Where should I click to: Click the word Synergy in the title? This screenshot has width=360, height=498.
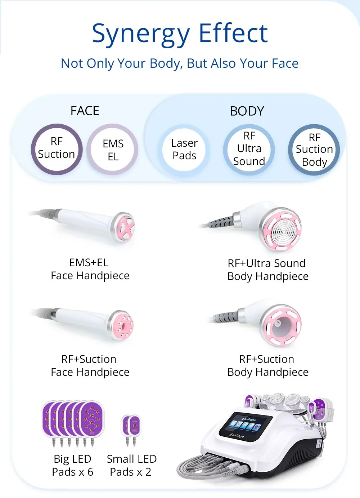pos(140,34)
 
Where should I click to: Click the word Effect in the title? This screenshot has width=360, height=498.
pos(233,33)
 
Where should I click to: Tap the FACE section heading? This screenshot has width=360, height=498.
pos(85,111)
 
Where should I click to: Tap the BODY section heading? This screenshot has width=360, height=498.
pos(247,111)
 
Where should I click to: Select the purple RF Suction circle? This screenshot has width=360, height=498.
pos(57,149)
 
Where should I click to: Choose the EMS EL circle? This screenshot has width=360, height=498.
pos(113,150)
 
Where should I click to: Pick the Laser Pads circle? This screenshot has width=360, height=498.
pos(184,149)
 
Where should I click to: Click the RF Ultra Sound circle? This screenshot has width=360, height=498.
pos(249,149)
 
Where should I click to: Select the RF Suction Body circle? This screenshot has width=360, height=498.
pos(314,150)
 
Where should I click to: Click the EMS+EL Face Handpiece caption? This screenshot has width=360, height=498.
pos(90,269)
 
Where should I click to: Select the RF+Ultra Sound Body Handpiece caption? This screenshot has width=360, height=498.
pos(268,270)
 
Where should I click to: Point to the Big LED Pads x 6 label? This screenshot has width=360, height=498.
pos(73,465)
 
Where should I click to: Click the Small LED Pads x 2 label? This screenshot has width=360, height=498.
pos(131,465)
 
